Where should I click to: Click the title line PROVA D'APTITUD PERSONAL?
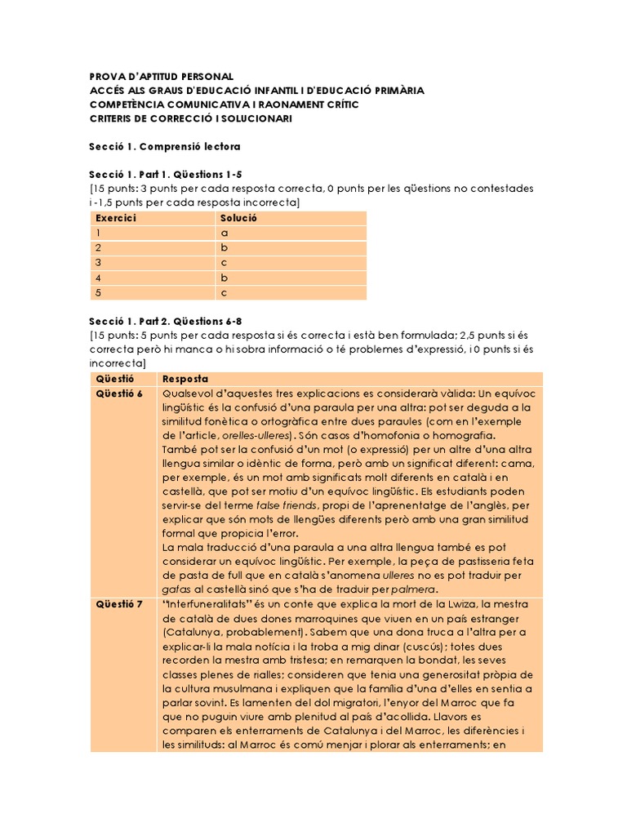(x=161, y=76)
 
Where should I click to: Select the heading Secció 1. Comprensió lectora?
(x=164, y=146)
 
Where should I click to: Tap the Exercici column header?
(x=116, y=219)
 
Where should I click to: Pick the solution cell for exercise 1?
(x=225, y=233)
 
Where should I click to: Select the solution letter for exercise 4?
(x=225, y=278)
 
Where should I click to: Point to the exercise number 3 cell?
(x=99, y=263)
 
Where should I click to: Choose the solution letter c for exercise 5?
(x=225, y=292)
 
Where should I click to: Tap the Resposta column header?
(x=186, y=379)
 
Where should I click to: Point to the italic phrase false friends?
(x=278, y=505)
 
